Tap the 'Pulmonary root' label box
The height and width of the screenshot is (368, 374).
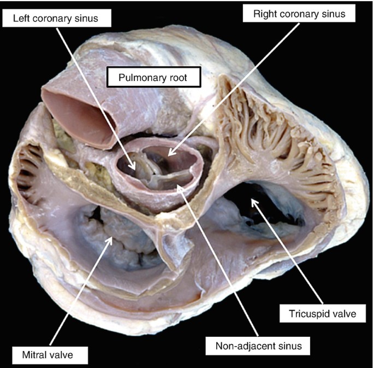coord(155,78)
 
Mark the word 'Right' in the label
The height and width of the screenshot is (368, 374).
coord(266,14)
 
